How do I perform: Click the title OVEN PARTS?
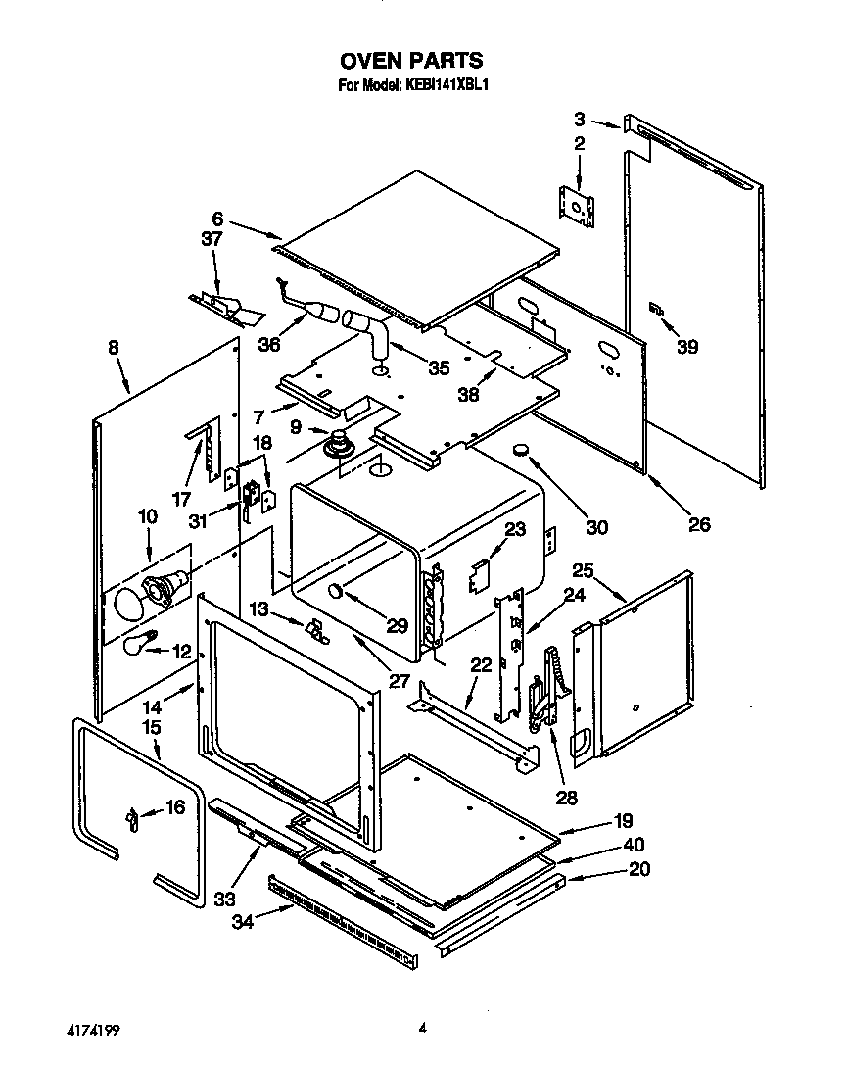click(411, 62)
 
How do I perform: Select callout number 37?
click(211, 238)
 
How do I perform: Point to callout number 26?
click(698, 524)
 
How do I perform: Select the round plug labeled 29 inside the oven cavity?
click(336, 591)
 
